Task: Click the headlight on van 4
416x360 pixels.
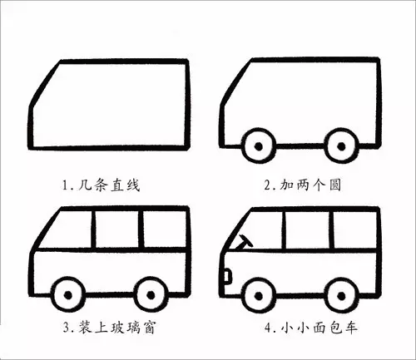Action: coord(228,276)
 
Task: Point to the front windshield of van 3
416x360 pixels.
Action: coord(64,229)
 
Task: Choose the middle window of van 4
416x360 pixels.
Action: coord(308,230)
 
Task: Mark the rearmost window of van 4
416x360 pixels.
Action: coord(355,230)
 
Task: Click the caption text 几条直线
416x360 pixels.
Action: coord(109,185)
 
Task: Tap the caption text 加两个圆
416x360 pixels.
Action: coord(310,185)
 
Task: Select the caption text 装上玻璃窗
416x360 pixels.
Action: coord(116,328)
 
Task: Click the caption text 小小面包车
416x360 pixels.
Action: coord(319,328)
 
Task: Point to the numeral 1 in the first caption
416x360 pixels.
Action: coord(65,185)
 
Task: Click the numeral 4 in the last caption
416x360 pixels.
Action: coord(268,328)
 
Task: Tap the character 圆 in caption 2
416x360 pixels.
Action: coord(335,185)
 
